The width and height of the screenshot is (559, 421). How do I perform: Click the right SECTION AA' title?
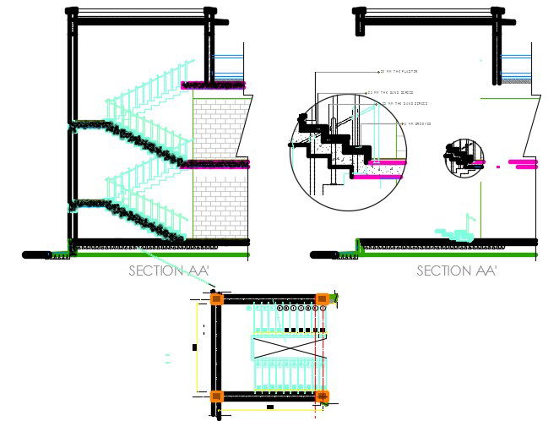pos(457,271)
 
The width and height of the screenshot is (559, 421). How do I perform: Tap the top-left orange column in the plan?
pos(217,298)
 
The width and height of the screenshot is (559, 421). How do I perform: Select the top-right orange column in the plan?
pos(322,298)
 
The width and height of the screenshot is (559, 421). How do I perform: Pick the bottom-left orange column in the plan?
pos(217,396)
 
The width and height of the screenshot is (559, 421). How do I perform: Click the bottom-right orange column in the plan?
pos(322,396)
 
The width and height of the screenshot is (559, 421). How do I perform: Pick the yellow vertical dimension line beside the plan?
pos(198,347)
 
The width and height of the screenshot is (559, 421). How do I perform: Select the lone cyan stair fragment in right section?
pos(453,228)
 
